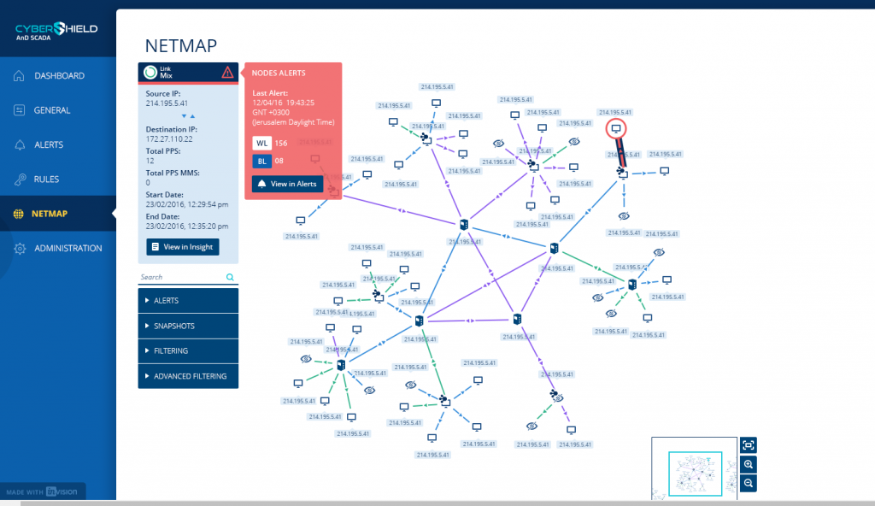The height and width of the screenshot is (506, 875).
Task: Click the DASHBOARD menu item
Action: (58, 76)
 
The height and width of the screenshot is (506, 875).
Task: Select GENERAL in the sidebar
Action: (51, 110)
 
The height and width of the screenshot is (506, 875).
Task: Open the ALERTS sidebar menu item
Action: (48, 145)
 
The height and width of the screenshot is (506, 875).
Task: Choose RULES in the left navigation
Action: (45, 179)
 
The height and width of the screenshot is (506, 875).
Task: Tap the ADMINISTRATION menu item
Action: (68, 249)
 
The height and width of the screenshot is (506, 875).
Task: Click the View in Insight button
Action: (183, 247)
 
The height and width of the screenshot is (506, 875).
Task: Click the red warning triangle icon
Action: (227, 73)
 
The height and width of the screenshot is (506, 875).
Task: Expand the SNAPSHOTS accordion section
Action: (188, 326)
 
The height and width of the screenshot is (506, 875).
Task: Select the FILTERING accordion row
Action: (188, 351)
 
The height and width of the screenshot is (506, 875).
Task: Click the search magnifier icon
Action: (230, 277)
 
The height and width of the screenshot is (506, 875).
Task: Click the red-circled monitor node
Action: (616, 128)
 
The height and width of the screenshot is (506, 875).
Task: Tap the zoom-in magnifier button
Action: (749, 464)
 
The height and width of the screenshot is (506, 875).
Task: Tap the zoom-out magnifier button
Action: (749, 483)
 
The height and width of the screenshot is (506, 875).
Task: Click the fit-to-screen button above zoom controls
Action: (749, 444)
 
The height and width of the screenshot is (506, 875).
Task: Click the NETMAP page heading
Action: (181, 45)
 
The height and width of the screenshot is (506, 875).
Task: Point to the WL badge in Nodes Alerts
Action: (261, 143)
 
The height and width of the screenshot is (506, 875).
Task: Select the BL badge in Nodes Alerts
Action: (261, 161)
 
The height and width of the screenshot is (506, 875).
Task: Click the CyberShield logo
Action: (56, 32)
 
